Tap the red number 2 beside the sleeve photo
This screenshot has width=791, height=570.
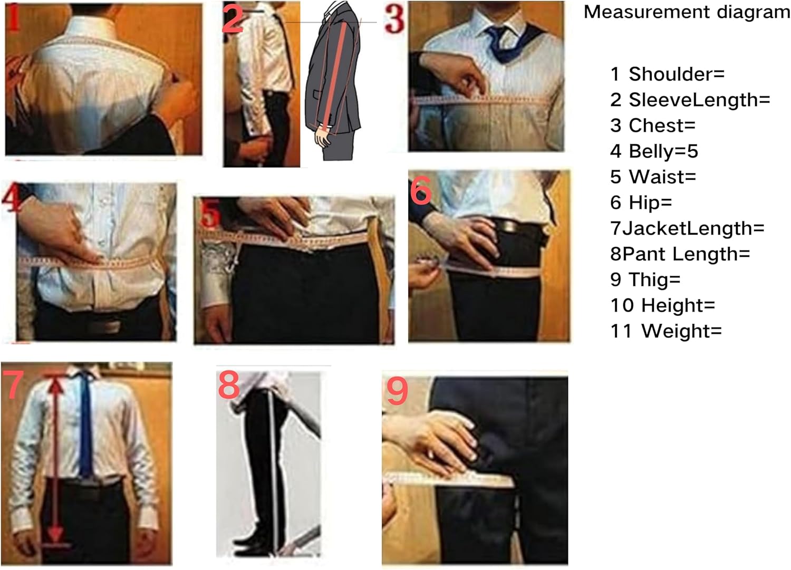233,19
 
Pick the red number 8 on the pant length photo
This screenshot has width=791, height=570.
229,385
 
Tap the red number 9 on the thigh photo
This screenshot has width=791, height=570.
397,391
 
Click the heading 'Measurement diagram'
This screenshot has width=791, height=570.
687,12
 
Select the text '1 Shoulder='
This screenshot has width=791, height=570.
667,74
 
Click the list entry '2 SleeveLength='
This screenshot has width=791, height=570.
690,100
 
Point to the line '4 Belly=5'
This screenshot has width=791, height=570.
654,151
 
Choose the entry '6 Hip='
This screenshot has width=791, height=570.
641,202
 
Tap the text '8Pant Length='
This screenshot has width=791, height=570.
680,254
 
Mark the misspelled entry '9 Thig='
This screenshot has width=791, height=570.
645,279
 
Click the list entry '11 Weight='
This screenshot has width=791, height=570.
665,331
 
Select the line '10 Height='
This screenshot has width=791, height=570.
662,305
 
